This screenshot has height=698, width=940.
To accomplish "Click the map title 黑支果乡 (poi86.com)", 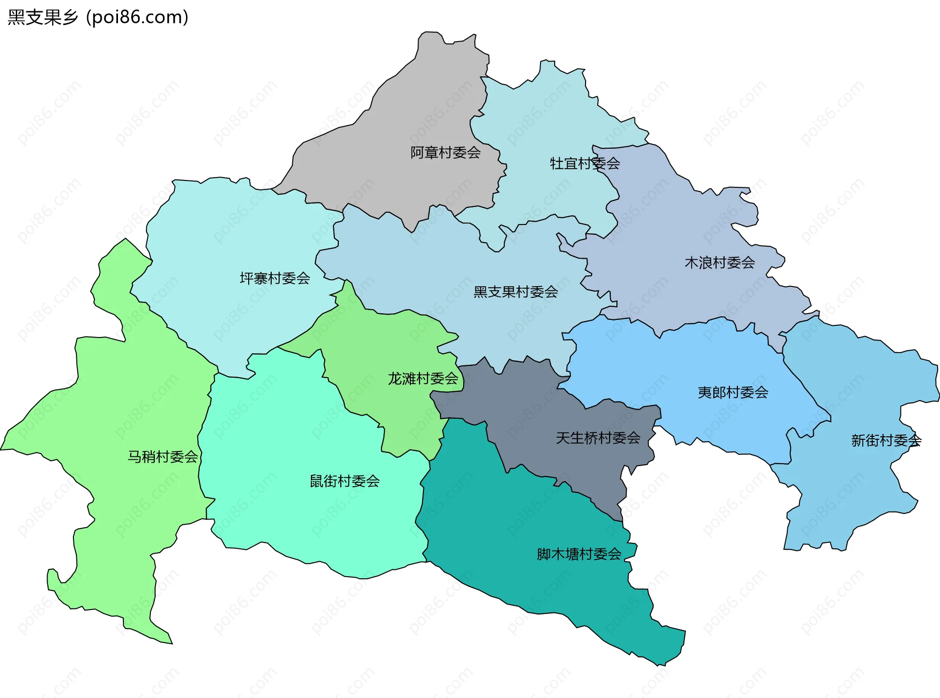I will tap(98, 18).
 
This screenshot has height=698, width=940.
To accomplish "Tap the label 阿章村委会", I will tap(445, 153).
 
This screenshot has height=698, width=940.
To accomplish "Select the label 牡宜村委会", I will tap(585, 163).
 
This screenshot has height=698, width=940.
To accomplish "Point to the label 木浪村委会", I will tap(719, 263).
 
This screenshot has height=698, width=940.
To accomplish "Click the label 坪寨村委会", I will tap(275, 279).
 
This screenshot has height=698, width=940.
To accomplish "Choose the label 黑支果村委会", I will tap(516, 292).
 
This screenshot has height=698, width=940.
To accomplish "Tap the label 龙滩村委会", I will tap(423, 379).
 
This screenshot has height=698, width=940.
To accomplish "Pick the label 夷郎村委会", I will tap(732, 392).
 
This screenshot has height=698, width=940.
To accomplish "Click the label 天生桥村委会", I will tap(598, 438).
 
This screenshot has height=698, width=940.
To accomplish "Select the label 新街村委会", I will tap(886, 441).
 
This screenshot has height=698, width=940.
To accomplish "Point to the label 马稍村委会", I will tap(163, 457).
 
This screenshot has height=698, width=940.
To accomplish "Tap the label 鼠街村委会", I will tap(344, 481).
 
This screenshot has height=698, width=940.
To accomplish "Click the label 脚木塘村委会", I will tap(579, 554).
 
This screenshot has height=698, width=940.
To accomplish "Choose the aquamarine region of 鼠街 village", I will tap(294, 440).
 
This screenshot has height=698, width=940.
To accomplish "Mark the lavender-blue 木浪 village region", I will tap(685, 220).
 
